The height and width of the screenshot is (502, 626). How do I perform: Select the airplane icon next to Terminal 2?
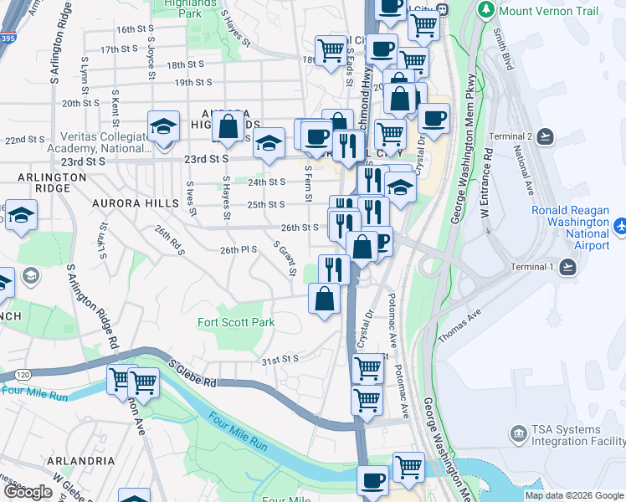click(x=546, y=136)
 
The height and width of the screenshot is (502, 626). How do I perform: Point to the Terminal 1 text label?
click(x=532, y=267)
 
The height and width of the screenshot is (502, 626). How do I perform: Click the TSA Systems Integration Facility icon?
click(x=519, y=433)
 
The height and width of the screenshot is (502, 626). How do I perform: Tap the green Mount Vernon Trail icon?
click(x=485, y=11)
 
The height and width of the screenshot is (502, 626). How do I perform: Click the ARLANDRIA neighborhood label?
click(x=81, y=460)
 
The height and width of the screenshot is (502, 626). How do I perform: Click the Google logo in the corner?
click(x=28, y=492)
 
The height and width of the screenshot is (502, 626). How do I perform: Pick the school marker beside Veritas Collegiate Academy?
click(x=164, y=128)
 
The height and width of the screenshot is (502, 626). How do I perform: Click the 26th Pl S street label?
click(x=238, y=250)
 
